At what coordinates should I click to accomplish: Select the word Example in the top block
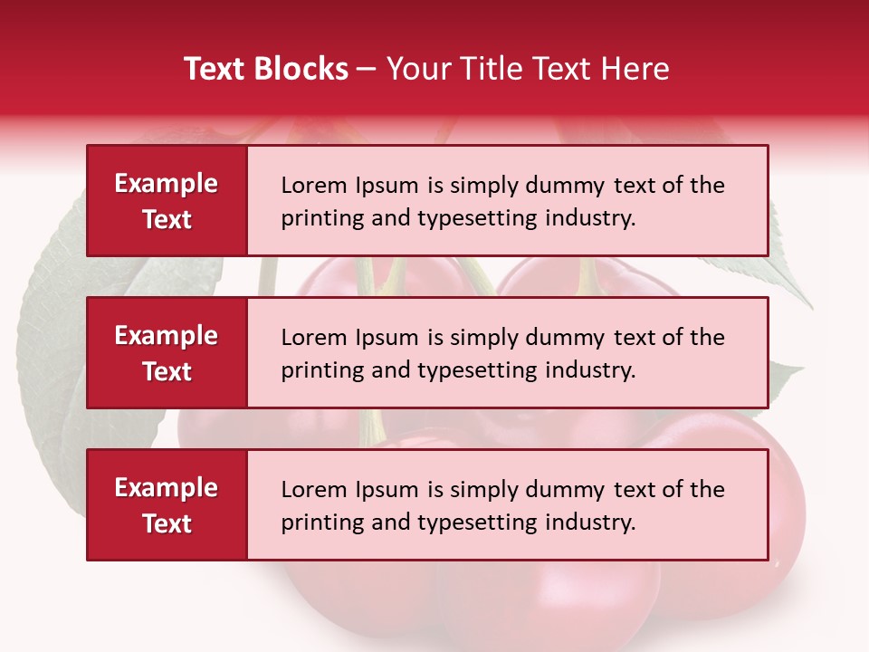[167, 184]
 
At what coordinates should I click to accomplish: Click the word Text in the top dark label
[167, 219]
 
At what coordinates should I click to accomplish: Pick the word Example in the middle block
[167, 336]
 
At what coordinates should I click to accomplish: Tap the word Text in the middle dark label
[167, 371]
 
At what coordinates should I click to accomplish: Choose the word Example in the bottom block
[167, 488]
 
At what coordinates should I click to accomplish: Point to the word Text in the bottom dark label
[167, 523]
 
